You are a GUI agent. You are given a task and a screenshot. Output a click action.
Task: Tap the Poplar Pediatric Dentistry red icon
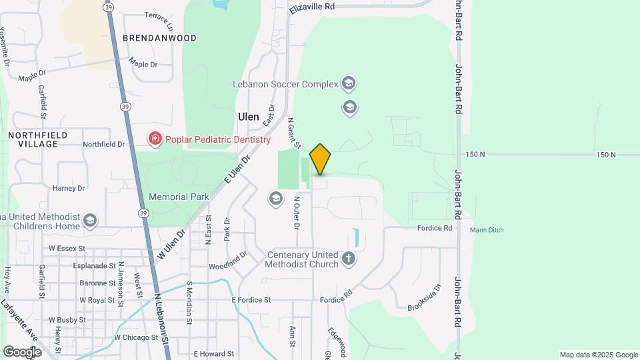(x=155, y=139)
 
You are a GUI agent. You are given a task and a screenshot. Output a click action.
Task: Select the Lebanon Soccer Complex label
(x=285, y=85)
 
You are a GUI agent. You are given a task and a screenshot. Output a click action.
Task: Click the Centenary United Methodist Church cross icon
(x=348, y=259)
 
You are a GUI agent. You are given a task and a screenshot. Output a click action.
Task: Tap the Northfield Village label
(x=37, y=139)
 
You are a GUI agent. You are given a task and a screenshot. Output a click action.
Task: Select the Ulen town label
(x=249, y=116)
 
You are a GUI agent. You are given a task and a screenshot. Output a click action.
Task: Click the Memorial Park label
(x=179, y=197)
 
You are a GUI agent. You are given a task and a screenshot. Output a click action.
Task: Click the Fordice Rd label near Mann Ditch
(x=435, y=227)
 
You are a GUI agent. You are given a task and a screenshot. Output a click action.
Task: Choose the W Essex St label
(x=67, y=248)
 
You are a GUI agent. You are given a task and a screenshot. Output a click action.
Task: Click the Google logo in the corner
(x=21, y=351)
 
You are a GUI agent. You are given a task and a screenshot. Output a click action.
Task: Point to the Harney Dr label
(x=69, y=188)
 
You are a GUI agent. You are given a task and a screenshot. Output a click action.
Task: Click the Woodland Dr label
(x=228, y=259)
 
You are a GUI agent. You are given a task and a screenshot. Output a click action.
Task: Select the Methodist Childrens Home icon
(x=90, y=220)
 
